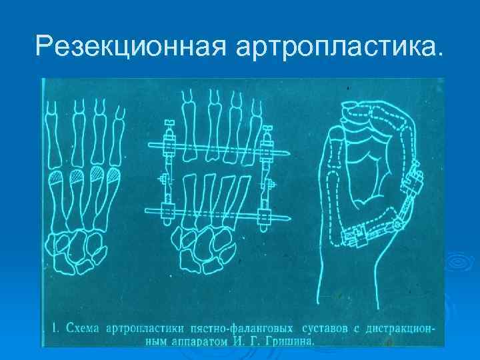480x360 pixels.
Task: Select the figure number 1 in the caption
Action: click(55, 328)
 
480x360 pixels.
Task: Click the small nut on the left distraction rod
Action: click(163, 179)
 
